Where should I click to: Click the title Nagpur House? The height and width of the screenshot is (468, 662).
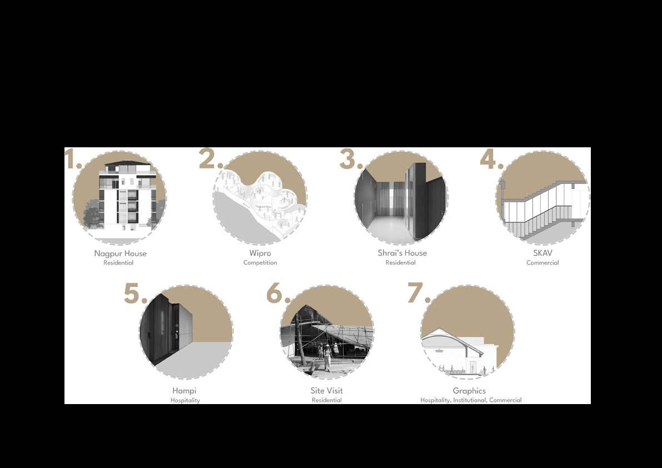120,253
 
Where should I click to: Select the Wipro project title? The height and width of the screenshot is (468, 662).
260,253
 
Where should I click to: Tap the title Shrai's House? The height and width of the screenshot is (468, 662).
402,253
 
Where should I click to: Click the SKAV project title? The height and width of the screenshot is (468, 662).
542,253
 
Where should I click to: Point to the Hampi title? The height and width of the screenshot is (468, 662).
185,391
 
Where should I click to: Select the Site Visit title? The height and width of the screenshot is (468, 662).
327,391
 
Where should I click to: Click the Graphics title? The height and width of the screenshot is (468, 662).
469,391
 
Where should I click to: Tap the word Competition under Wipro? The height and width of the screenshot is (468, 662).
260,262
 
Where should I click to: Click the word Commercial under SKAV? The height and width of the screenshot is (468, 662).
542,262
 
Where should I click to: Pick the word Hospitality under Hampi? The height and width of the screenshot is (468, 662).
185,400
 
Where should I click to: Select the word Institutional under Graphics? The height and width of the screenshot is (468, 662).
470,400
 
